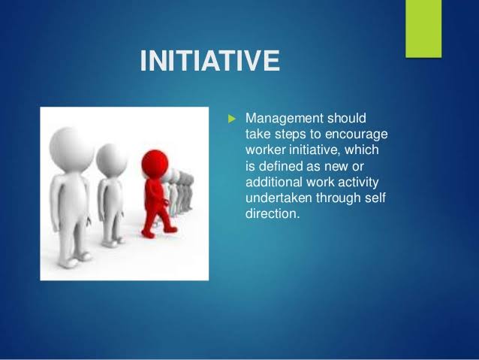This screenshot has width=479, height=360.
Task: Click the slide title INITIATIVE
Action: point(209,60)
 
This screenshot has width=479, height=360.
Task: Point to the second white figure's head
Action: point(113,157)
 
